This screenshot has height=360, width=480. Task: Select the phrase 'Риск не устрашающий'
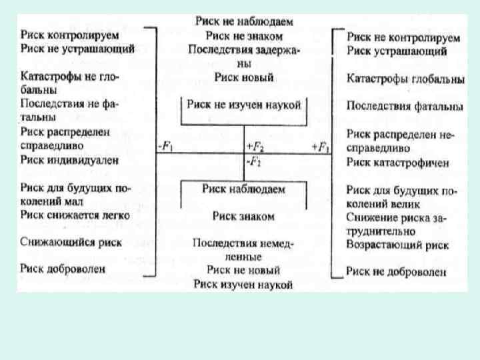[77, 48]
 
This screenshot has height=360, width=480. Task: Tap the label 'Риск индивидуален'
[69, 159]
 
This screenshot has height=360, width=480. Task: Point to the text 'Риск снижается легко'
[75, 215]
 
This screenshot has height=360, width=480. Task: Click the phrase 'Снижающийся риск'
[71, 242]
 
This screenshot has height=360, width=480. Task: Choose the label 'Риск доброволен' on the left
[63, 269]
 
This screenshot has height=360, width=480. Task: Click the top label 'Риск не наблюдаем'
[244, 21]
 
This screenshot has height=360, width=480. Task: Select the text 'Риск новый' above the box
[244, 77]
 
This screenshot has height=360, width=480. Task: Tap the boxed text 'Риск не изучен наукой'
[244, 105]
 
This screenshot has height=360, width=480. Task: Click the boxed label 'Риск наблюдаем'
[244, 189]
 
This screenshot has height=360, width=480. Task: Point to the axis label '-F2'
[254, 161]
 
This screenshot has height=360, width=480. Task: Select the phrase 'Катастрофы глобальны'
[405, 79]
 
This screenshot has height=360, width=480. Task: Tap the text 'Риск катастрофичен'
[397, 163]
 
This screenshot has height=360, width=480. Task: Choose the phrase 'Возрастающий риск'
[397, 245]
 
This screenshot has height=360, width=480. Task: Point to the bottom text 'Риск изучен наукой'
[244, 285]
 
